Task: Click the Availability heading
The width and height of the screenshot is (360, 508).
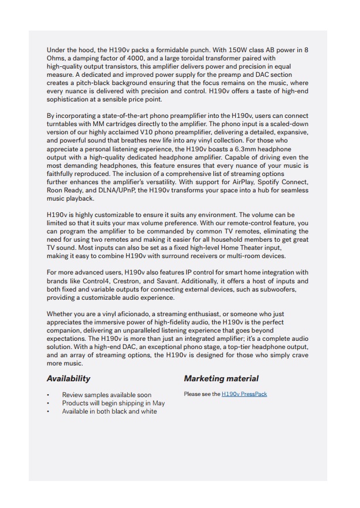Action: coord(69,378)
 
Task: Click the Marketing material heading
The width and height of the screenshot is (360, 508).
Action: coord(221,378)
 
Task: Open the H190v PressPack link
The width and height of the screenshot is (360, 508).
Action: coord(244,394)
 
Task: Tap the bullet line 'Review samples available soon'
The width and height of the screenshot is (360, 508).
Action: coord(107,395)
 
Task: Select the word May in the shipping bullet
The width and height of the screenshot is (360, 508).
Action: coord(158,403)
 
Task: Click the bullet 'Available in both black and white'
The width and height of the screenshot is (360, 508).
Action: coord(110,411)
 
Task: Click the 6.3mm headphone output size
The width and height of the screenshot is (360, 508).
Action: coord(232,150)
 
